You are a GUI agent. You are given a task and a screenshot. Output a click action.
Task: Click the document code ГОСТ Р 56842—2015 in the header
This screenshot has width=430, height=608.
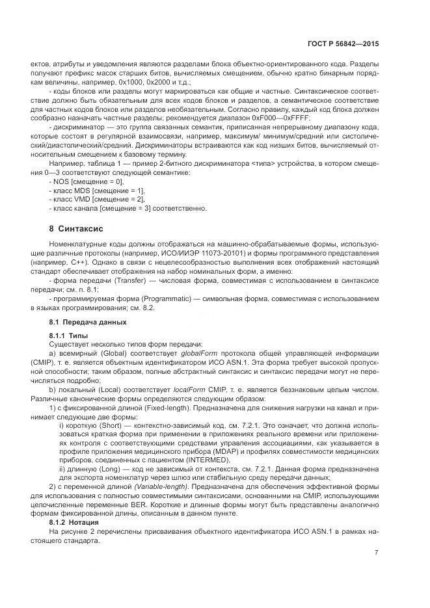point(342,44)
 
